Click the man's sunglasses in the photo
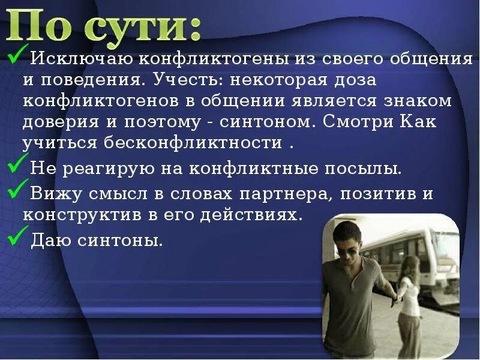point(346,251)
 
